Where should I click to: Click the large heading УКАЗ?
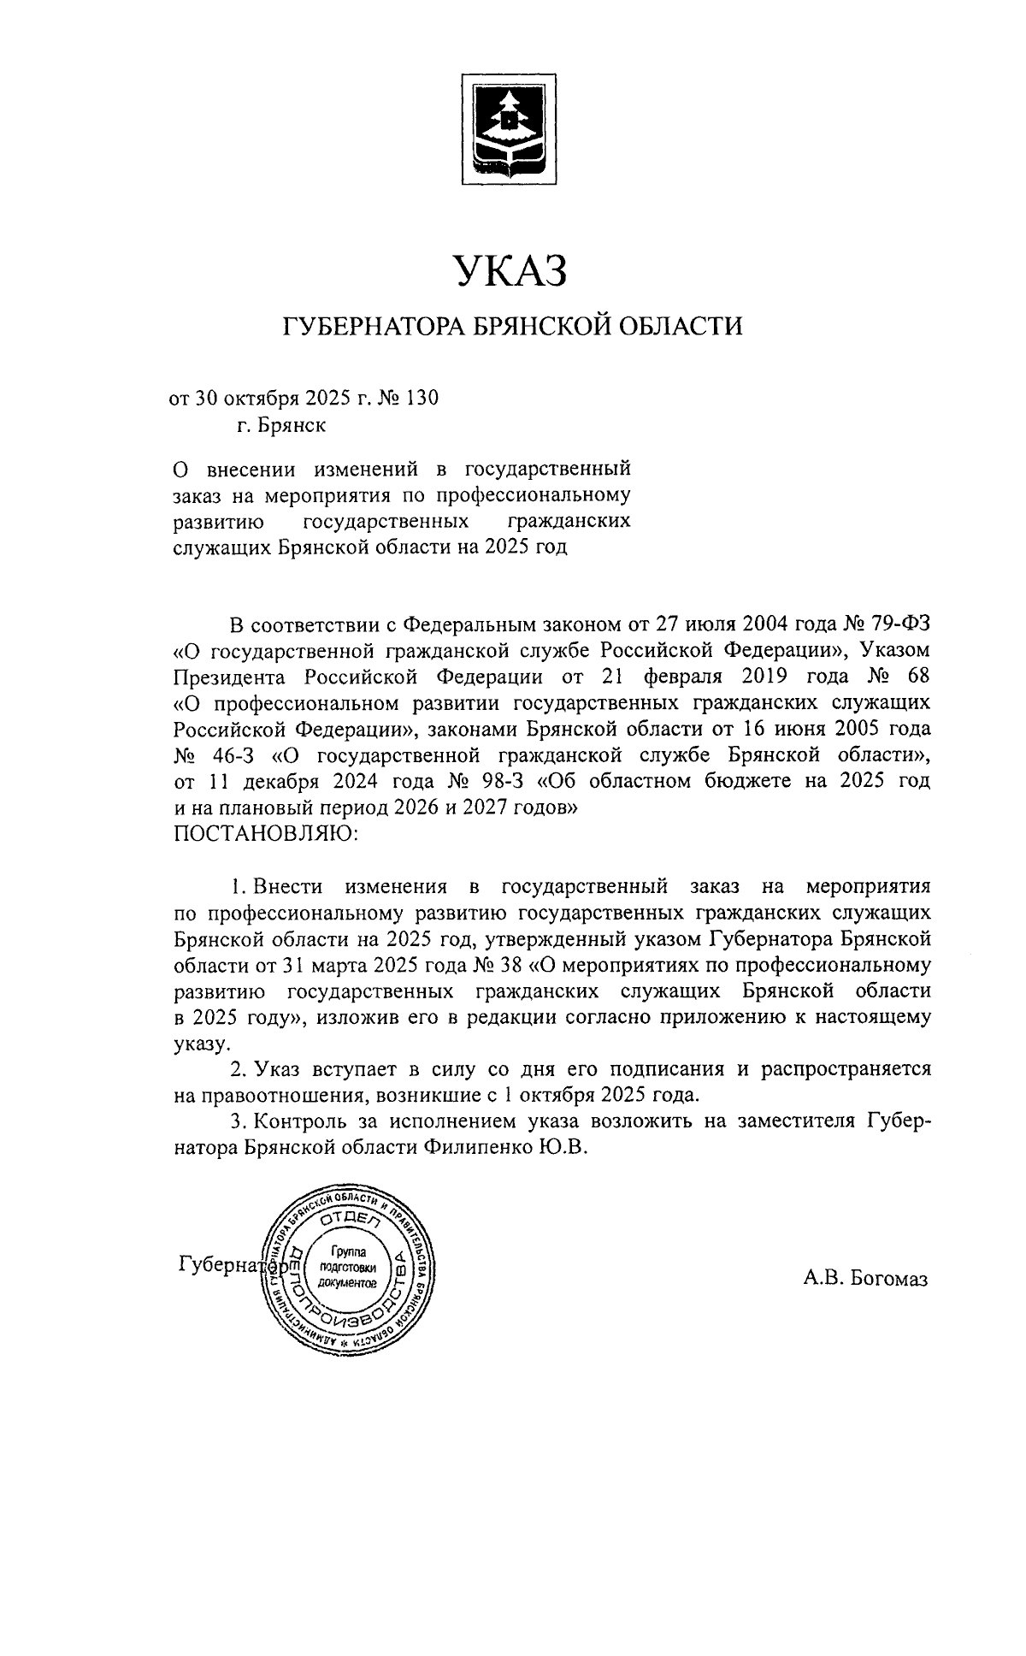pyautogui.click(x=510, y=271)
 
